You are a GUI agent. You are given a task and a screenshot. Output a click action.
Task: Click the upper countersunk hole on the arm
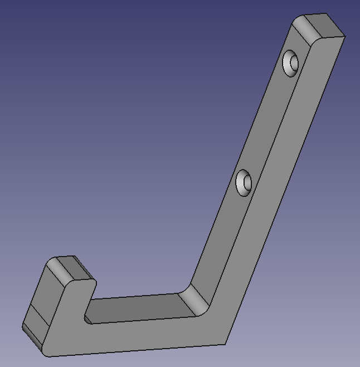tap(291, 62)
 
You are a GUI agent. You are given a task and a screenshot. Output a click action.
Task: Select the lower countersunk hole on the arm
tap(244, 183)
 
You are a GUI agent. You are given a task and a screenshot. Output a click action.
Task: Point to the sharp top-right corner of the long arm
tap(345, 36)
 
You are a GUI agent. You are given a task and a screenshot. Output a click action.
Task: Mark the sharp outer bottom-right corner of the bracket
tap(225, 344)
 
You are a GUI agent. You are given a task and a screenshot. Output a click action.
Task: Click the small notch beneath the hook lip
tap(89, 318)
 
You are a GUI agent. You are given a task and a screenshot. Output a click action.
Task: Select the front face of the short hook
tap(67, 312)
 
